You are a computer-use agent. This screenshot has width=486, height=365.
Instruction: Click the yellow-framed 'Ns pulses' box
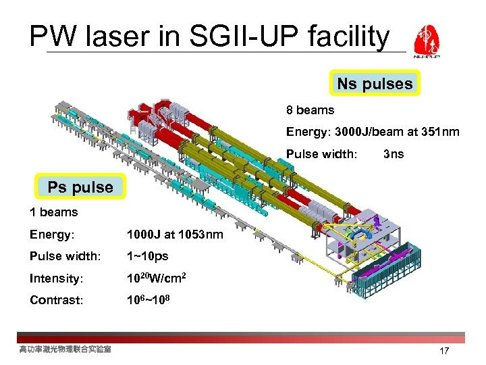pyautogui.click(x=375, y=84)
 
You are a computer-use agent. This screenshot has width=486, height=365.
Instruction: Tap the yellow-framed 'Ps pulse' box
pyautogui.click(x=80, y=187)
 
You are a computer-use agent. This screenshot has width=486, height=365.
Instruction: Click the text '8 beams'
pyautogui.click(x=310, y=109)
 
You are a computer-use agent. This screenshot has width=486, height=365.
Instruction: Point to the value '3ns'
pyautogui.click(x=393, y=153)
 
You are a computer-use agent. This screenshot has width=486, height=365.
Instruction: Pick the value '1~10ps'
pyautogui.click(x=148, y=256)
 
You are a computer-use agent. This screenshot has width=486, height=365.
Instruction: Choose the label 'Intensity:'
pyautogui.click(x=56, y=278)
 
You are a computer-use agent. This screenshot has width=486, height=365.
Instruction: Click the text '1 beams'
pyautogui.click(x=53, y=212)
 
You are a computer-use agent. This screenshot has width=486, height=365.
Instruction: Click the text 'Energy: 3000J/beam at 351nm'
pyautogui.click(x=373, y=131)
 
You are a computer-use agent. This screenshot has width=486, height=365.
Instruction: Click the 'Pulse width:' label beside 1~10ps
pyautogui.click(x=65, y=256)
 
